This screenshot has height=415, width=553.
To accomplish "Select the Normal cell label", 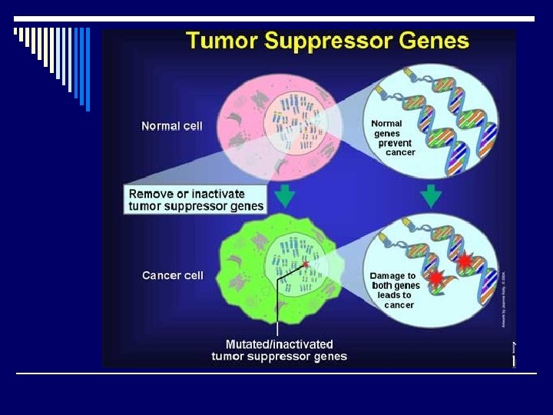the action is coord(172,126).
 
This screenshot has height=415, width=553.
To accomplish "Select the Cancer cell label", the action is coord(173,275).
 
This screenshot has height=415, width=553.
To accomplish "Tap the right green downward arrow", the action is coord(431,196).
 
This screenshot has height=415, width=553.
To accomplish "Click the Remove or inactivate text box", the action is coord(196,200).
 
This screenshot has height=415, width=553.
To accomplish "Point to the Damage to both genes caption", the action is coord(395,290).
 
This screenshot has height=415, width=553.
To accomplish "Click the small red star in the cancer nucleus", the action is coord(306,264).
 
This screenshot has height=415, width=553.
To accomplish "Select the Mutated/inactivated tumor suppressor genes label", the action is coord(279,350).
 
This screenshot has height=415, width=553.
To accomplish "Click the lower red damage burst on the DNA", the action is coord(435,277).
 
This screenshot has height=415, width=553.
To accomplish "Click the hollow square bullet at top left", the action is coord(15,32).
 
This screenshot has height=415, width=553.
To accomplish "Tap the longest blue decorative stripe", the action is coord(87,69).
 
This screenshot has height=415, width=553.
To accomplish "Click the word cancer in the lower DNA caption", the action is coord(399,305).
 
